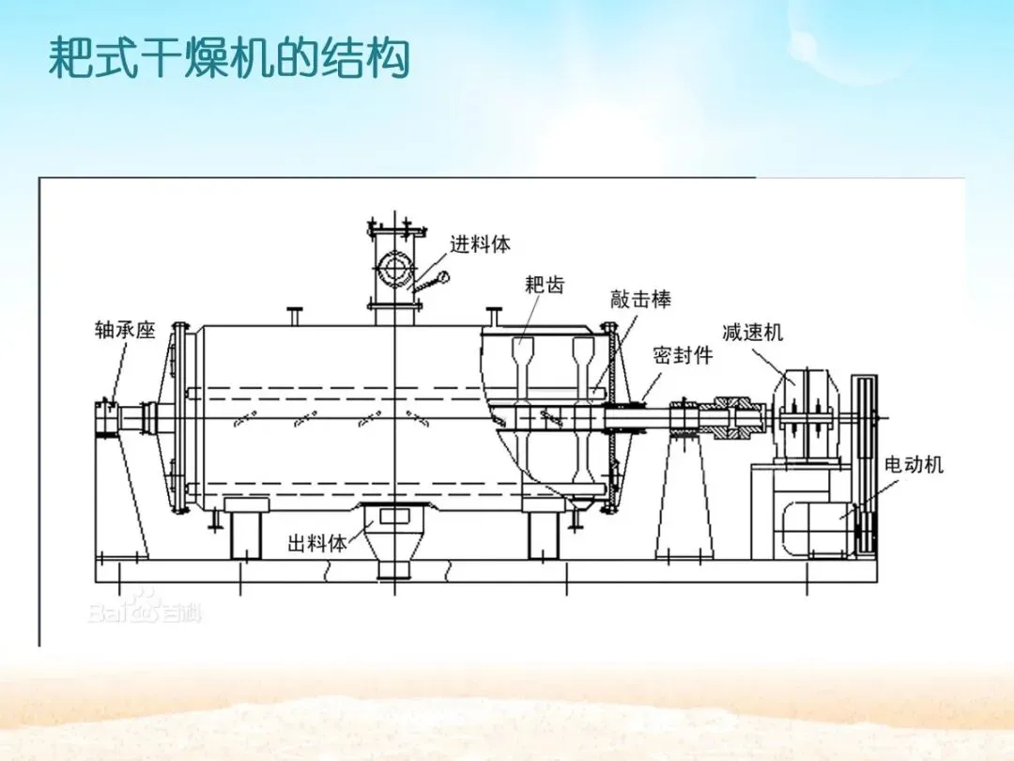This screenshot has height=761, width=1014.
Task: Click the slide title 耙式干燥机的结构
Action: pyautogui.click(x=229, y=58)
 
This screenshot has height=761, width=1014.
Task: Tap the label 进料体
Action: pyautogui.click(x=480, y=244)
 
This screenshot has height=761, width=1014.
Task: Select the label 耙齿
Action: pyautogui.click(x=545, y=284)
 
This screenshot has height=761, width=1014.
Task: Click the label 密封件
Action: pyautogui.click(x=683, y=355)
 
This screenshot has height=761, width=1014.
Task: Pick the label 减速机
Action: pyautogui.click(x=752, y=332)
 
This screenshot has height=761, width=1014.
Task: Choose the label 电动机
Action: pyautogui.click(x=914, y=464)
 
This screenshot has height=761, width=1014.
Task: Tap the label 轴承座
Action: pyautogui.click(x=125, y=330)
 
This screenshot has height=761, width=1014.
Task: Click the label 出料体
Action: pyautogui.click(x=316, y=542)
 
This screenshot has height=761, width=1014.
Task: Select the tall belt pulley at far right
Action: pyautogui.click(x=864, y=460)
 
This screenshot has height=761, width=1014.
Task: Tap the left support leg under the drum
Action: pyautogui.click(x=246, y=534)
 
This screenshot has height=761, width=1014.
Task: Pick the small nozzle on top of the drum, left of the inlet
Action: pyautogui.click(x=295, y=316)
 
